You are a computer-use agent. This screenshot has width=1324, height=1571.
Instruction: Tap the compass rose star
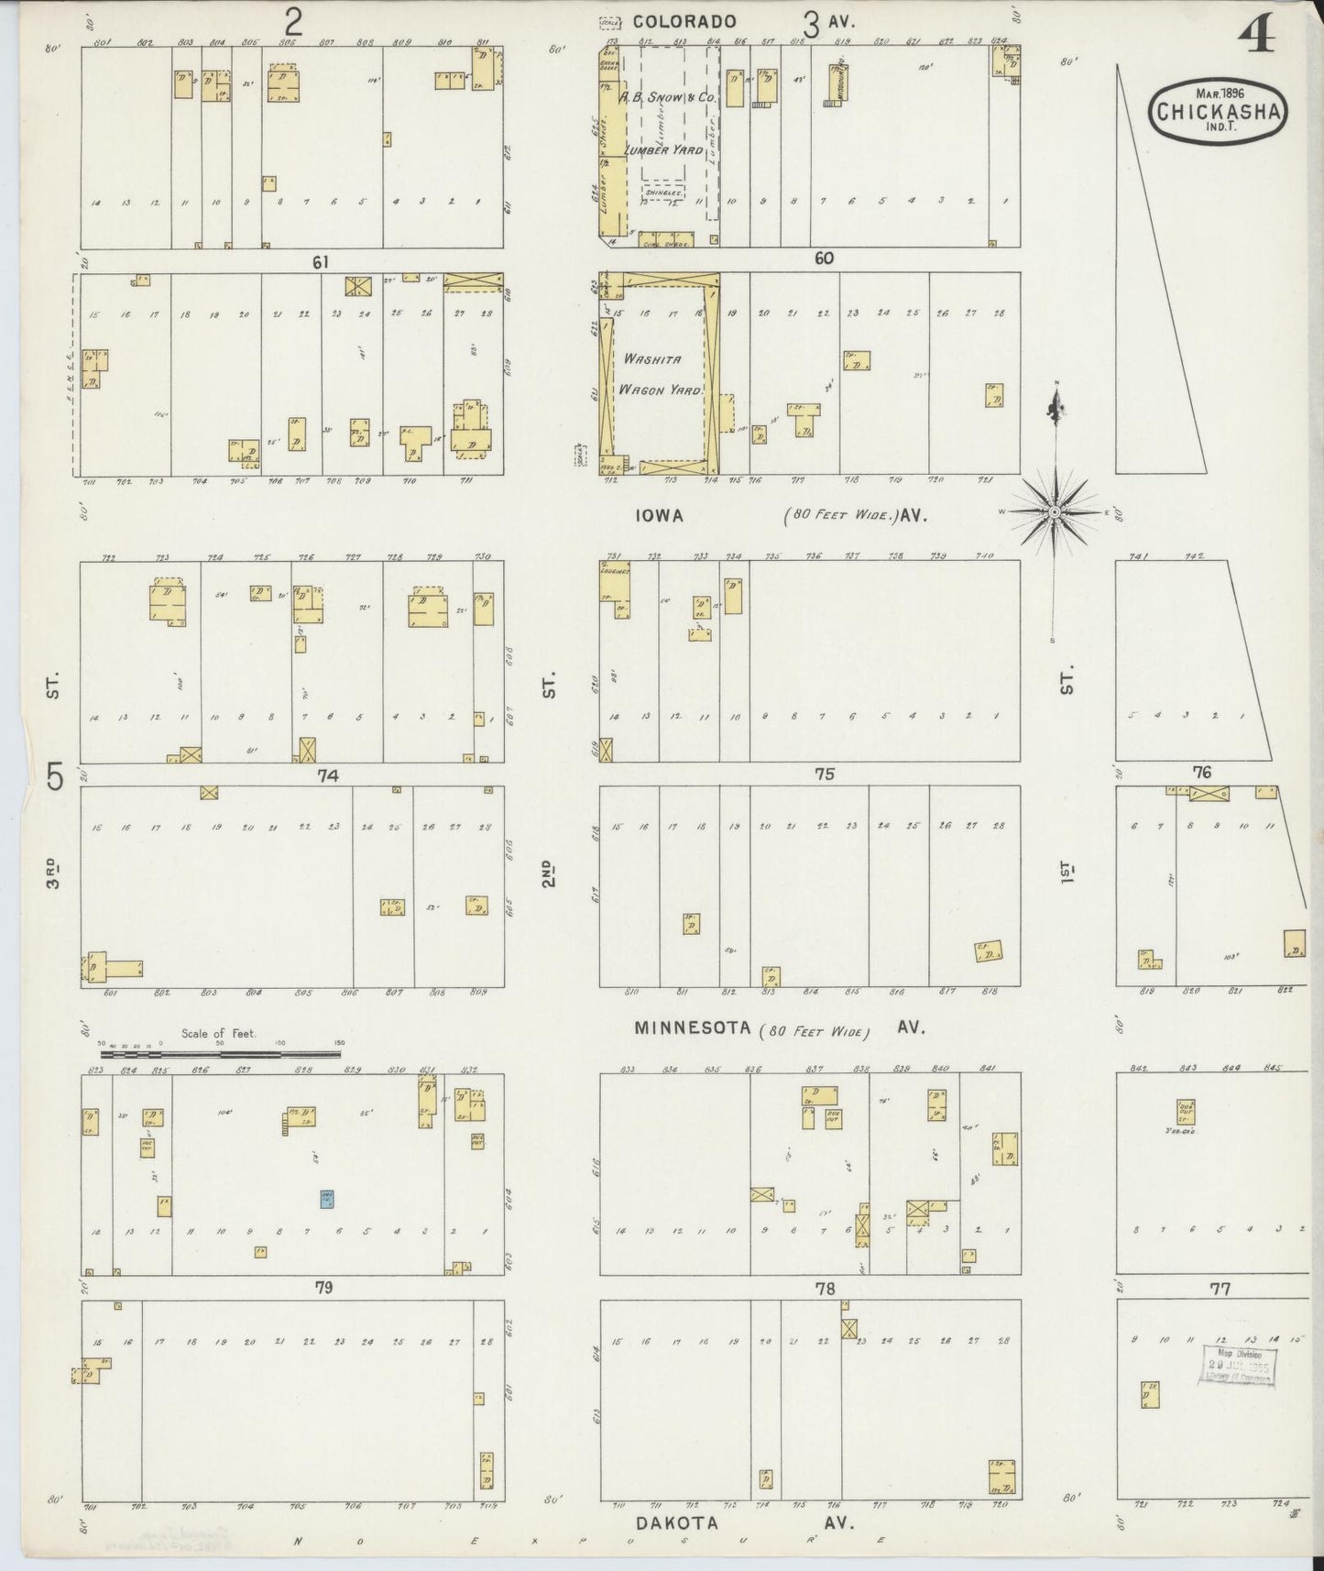coord(1055,511)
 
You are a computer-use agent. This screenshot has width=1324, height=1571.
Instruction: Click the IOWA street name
coord(660,516)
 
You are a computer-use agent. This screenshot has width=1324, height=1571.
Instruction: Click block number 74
coord(328,775)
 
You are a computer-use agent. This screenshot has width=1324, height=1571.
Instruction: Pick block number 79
coord(323,1288)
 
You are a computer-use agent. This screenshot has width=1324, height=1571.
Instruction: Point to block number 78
coord(825,1289)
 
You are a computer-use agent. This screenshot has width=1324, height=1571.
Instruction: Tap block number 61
coord(320,262)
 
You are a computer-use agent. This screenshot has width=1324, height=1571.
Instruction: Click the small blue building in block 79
coord(326,1198)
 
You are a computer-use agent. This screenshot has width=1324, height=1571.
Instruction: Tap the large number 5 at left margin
coord(57,777)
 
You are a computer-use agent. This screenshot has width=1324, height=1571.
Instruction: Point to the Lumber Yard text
coord(663,149)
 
